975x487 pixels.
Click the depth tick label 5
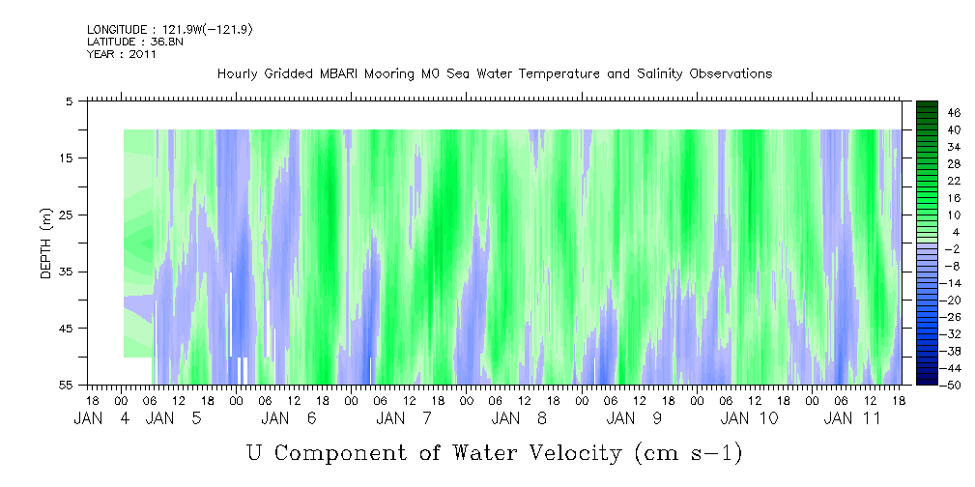(x=70, y=100)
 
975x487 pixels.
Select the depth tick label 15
(x=67, y=158)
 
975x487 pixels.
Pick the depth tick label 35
(x=67, y=272)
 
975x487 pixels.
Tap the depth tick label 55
(x=67, y=386)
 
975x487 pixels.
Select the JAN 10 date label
(x=749, y=418)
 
